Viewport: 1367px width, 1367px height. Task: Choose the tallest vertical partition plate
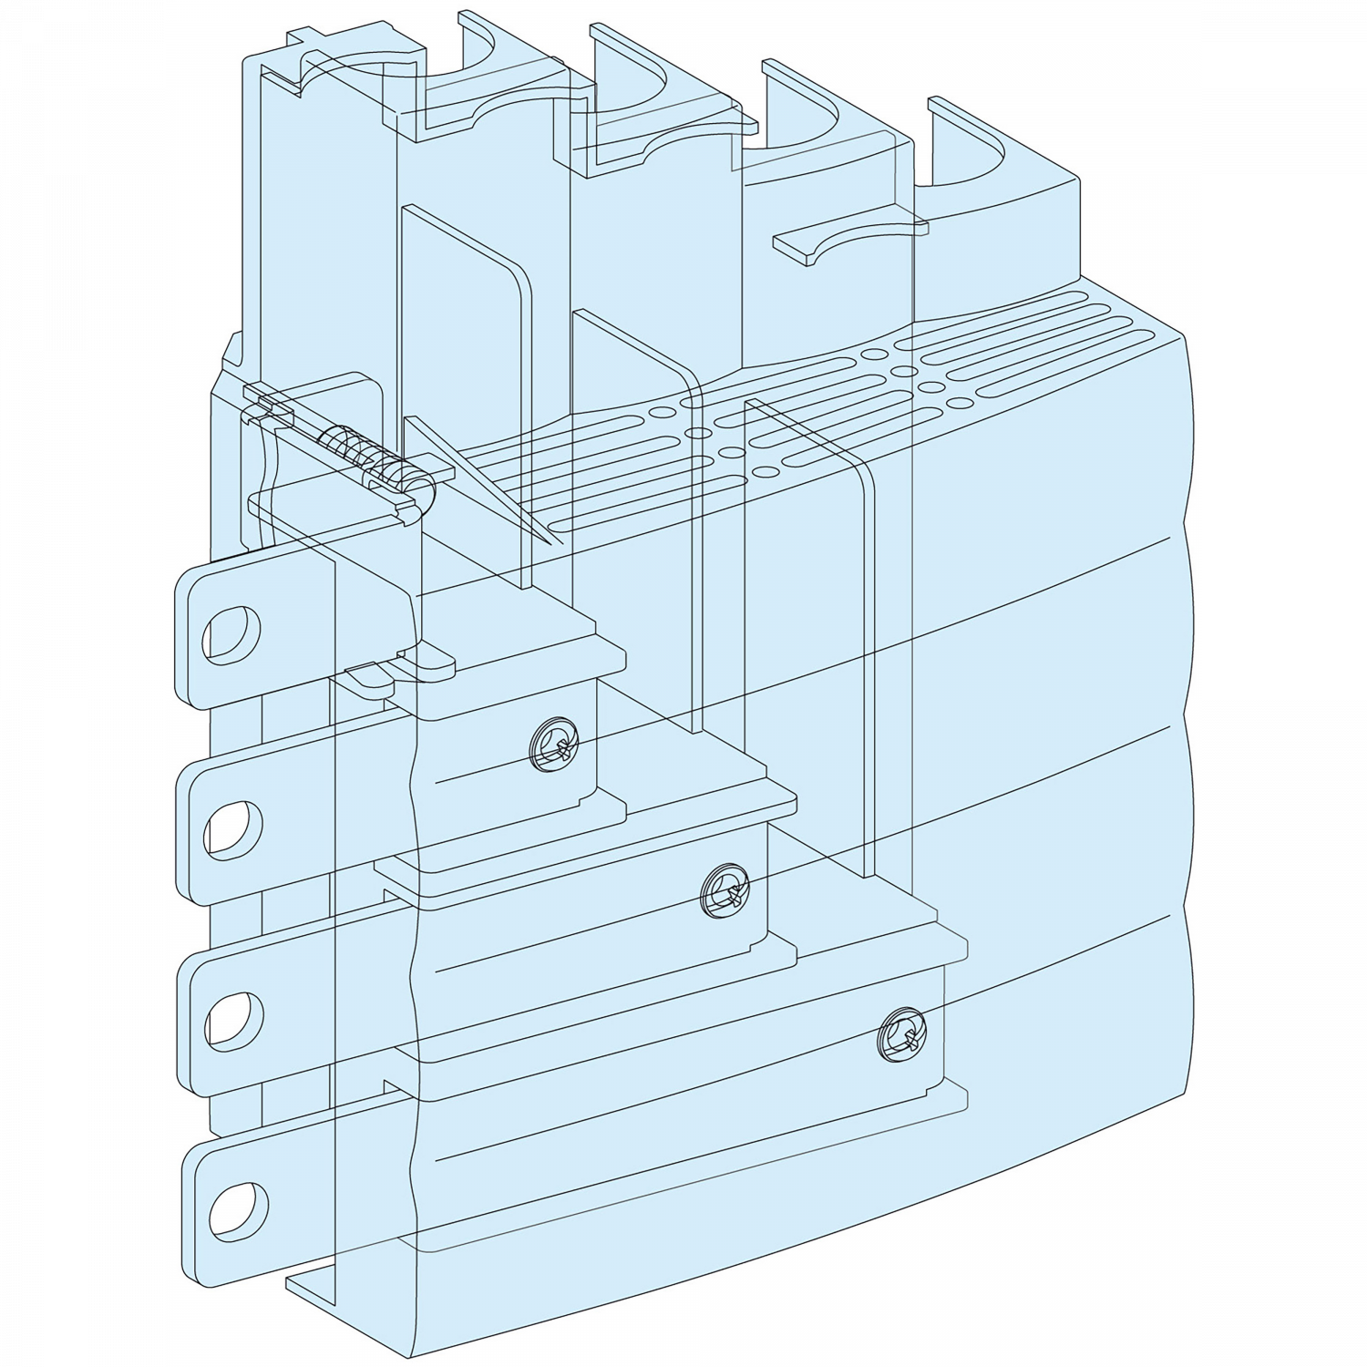coord(465,365)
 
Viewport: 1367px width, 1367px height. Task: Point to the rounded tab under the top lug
coord(424,665)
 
